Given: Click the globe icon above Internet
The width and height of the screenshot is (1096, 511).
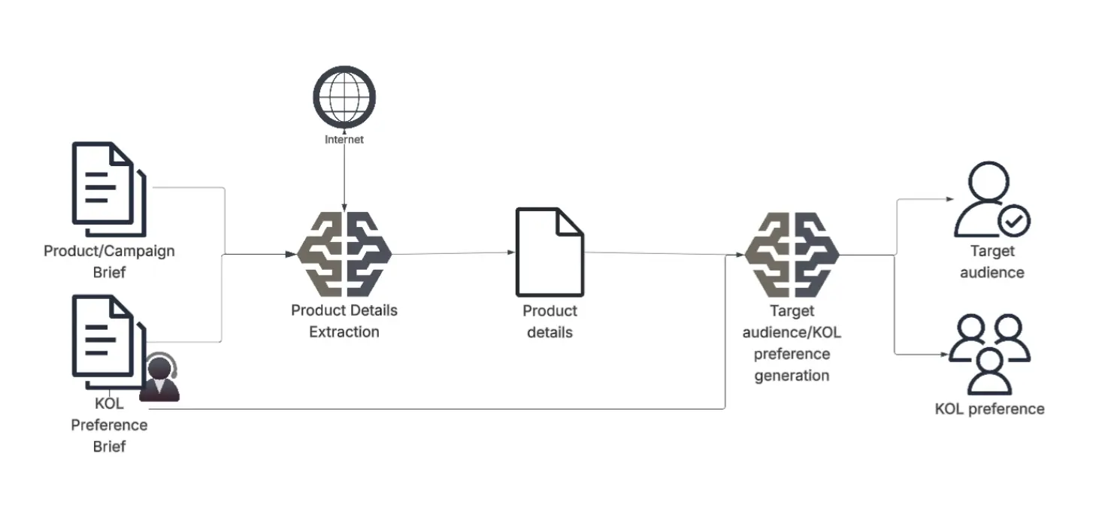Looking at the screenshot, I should tap(344, 97).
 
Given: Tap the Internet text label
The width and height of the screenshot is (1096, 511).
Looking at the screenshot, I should tap(344, 140).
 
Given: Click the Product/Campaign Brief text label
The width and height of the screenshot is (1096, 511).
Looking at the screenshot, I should tap(109, 261).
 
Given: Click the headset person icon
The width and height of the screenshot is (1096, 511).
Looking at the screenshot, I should tap(160, 378).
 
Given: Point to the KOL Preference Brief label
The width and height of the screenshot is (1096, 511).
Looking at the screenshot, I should tap(110, 425).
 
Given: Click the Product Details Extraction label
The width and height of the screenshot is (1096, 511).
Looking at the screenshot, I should tap(344, 320).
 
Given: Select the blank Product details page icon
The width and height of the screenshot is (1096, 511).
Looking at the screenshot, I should tap(549, 252).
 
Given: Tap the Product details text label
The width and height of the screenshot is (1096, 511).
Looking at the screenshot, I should tap(550, 321).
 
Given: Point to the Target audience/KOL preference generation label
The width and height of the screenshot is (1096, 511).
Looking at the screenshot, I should tap(791, 343).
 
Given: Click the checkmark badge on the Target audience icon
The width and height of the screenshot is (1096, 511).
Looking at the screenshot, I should tap(1013, 221).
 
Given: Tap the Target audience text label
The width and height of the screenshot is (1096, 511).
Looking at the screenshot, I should tap(992, 262).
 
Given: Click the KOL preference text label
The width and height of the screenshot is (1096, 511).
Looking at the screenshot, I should tap(989, 409).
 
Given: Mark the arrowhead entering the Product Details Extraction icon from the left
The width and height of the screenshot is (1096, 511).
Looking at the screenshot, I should tap(292, 254).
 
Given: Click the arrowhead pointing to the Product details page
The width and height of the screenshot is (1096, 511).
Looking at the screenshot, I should tap(510, 252).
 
